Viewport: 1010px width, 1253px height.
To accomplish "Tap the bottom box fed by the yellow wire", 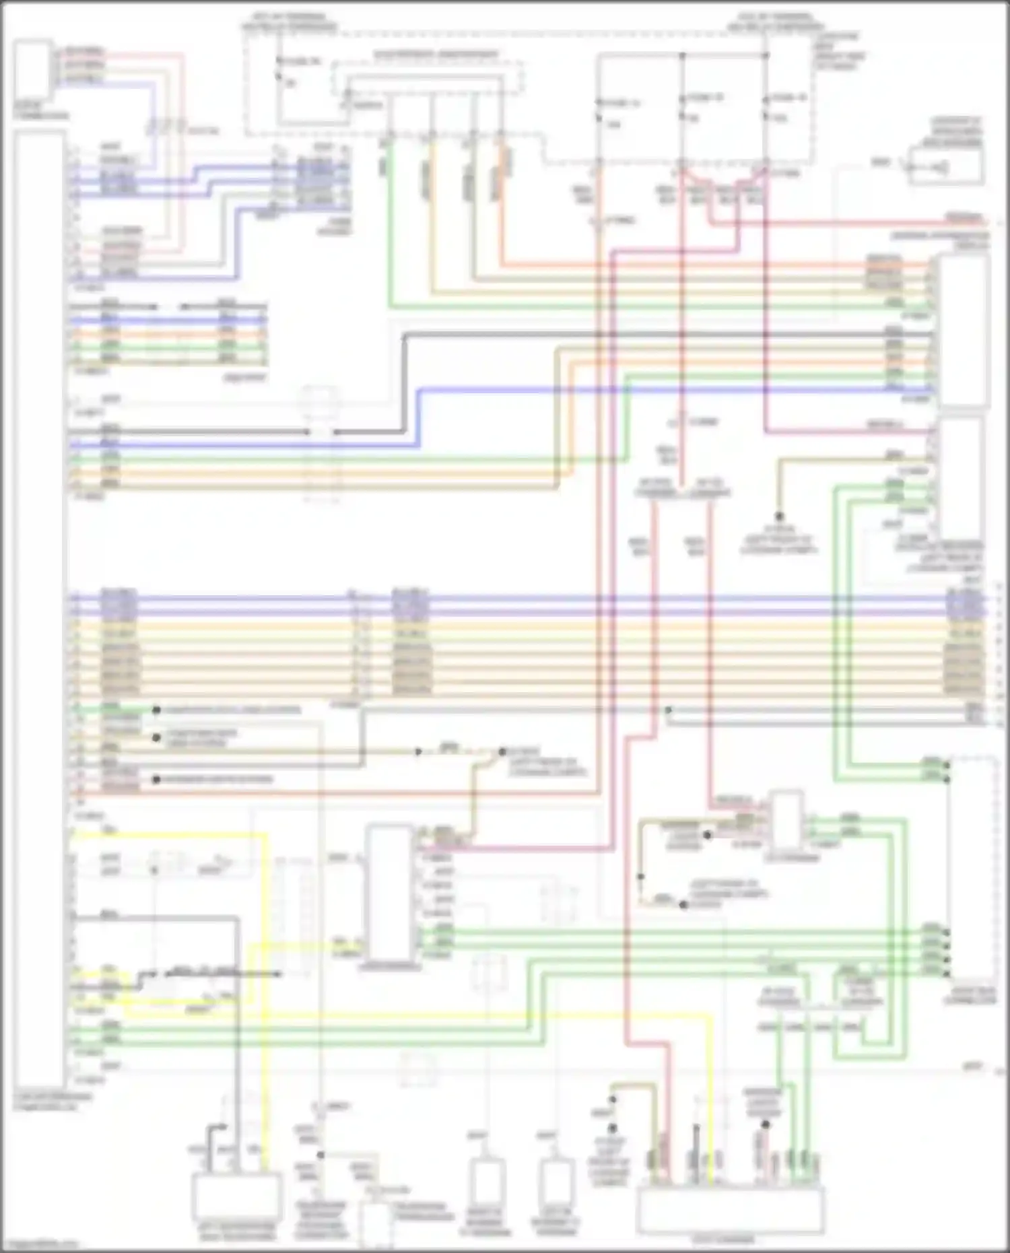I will [236, 1195].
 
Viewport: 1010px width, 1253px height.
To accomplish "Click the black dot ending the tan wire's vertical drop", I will [779, 517].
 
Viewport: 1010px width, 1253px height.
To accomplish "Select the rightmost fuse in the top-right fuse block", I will [766, 108].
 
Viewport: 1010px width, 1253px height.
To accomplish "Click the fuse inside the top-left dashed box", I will [279, 71].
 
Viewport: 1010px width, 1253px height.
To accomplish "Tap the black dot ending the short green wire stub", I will [156, 710].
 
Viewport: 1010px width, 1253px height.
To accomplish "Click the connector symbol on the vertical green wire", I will [385, 165].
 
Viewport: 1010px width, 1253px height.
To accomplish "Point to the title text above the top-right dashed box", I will [775, 22].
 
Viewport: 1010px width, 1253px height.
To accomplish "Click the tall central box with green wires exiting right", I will [389, 892].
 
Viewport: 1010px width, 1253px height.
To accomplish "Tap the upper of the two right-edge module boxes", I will [963, 331].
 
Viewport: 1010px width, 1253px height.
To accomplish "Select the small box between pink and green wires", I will [786, 821].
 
